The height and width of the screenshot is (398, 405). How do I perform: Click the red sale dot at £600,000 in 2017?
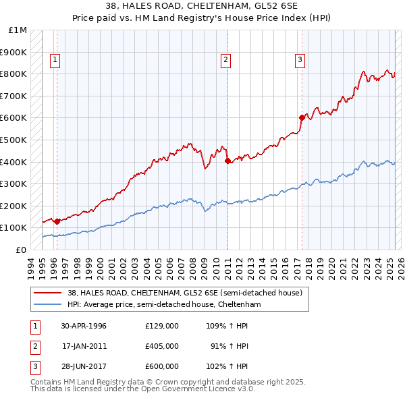pyautogui.click(x=302, y=117)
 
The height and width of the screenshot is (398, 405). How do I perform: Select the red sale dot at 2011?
pyautogui.click(x=227, y=161)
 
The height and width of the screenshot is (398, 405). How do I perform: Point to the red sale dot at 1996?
pyautogui.click(x=57, y=221)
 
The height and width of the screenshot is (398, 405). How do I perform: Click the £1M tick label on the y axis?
pyautogui.click(x=18, y=30)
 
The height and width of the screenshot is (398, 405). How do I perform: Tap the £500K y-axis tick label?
pyautogui.click(x=15, y=140)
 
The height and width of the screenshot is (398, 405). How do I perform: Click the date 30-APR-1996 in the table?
pyautogui.click(x=84, y=326)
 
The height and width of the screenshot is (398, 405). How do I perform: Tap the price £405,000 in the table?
pyautogui.click(x=161, y=346)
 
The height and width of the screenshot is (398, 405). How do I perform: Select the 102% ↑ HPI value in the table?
pyautogui.click(x=227, y=366)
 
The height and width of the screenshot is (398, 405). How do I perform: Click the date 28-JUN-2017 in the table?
pyautogui.click(x=84, y=366)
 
